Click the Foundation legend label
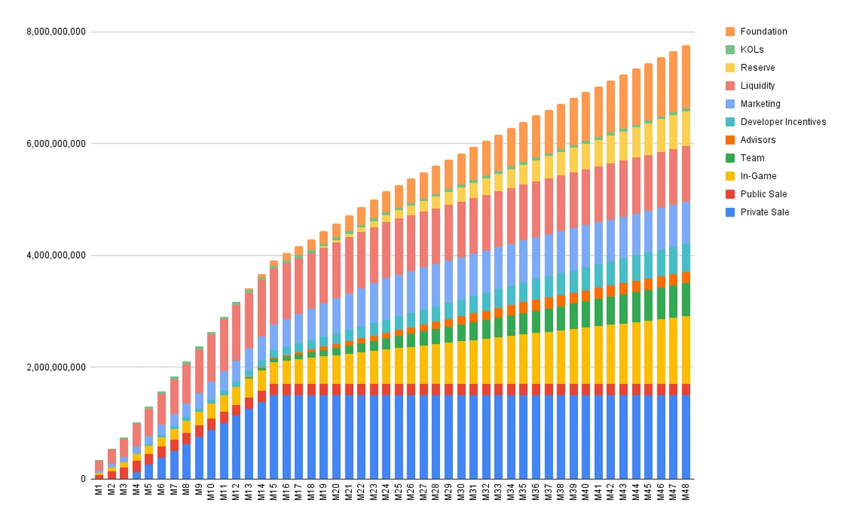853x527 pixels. tap(763, 31)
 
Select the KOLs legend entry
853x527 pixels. tap(752, 50)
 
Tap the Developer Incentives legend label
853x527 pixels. tap(783, 122)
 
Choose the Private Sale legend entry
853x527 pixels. tap(764, 212)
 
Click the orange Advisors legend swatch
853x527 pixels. tap(730, 140)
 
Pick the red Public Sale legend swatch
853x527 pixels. tap(730, 194)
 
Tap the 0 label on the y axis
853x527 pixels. tap(83, 479)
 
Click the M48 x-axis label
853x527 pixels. tap(686, 491)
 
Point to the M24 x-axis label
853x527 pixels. tap(387, 491)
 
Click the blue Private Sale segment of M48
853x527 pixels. tap(686, 437)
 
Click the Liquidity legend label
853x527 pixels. tap(757, 86)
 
